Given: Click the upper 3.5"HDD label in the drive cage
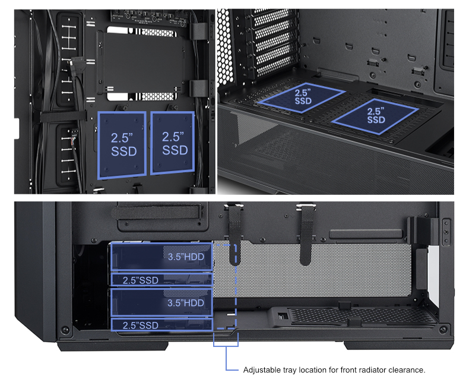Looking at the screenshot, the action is tap(186, 257).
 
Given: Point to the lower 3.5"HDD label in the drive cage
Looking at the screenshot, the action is tap(186, 303).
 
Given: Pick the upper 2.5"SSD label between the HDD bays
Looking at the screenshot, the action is tap(141, 280).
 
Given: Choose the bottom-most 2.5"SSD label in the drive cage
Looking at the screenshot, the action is tap(141, 325).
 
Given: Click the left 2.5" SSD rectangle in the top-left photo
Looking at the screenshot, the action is tap(122, 146).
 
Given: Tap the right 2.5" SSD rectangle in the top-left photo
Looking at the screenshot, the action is tap(173, 143).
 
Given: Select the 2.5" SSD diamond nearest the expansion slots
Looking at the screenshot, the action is tap(302, 97).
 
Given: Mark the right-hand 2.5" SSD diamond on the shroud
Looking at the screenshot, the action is tap(375, 116).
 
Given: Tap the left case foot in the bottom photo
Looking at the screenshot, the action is tap(113, 346).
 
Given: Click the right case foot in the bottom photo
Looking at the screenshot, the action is tap(398, 345).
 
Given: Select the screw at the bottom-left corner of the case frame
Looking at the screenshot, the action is tap(66, 330).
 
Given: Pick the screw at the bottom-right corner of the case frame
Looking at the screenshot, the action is tap(443, 329).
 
